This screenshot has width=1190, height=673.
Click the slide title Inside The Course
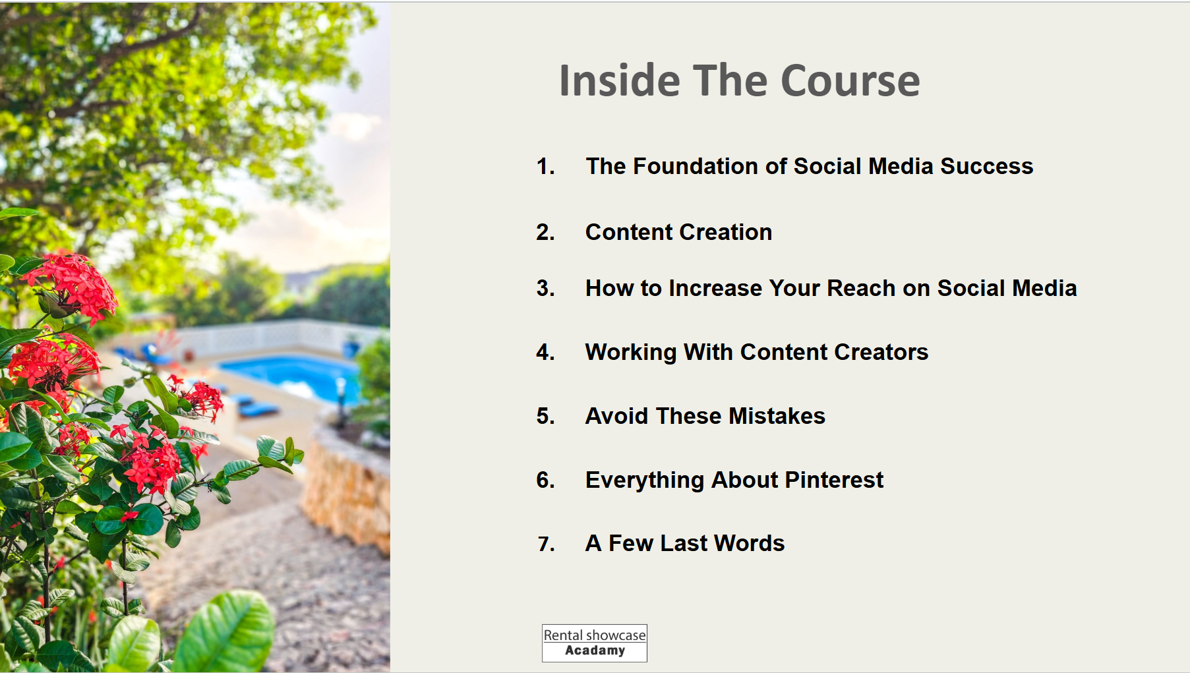(739, 80)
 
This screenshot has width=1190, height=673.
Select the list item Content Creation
(678, 232)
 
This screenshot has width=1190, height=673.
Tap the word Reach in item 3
(861, 288)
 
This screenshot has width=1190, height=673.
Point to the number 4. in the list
(545, 352)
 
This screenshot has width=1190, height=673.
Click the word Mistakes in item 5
(777, 416)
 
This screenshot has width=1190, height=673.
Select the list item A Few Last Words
(685, 543)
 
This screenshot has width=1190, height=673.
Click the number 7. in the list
(546, 544)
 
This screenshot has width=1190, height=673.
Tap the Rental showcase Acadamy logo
(595, 643)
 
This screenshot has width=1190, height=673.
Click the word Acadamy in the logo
(595, 651)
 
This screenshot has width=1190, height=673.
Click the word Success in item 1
(986, 166)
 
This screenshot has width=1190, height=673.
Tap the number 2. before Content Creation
(545, 232)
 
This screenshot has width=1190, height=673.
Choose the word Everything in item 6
(645, 480)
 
